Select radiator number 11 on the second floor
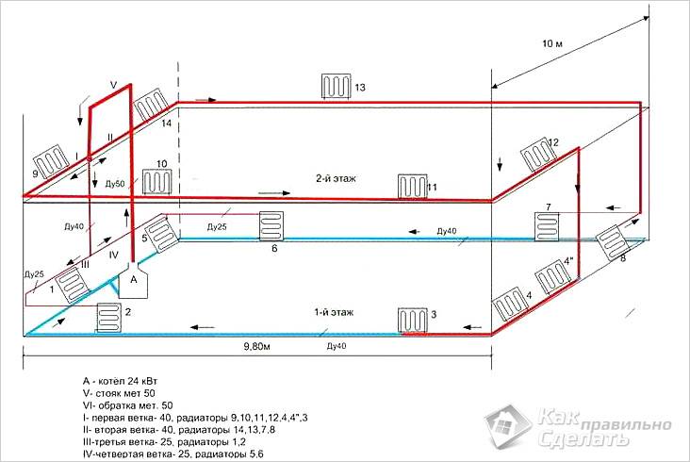click(411, 185)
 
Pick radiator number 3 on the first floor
click(411, 318)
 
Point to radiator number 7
click(547, 225)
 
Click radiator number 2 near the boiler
click(108, 316)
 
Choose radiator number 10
click(154, 181)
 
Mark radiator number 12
click(536, 152)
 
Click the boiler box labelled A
click(133, 280)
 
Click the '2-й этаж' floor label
click(335, 178)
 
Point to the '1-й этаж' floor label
click(329, 311)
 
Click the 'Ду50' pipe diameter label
click(115, 180)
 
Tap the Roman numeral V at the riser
click(113, 85)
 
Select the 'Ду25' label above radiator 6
click(217, 227)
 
